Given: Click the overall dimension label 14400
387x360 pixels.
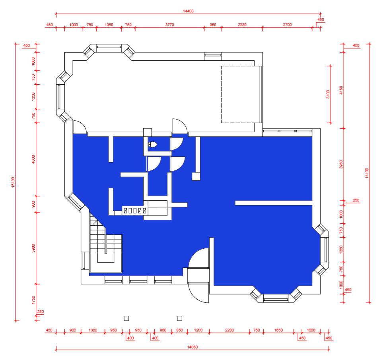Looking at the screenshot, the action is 188,11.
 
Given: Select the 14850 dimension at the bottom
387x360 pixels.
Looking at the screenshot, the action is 192,347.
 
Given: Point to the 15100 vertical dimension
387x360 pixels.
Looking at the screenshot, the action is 13,182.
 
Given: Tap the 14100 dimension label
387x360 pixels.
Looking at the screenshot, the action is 367,173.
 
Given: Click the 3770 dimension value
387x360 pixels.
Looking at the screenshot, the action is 169,25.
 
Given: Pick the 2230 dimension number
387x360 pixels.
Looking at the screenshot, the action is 242,25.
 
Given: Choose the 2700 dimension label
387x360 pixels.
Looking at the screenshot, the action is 287,25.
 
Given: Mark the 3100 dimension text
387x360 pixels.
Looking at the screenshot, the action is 328,95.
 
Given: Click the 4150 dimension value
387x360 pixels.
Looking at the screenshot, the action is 341,90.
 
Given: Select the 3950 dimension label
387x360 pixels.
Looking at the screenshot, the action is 341,165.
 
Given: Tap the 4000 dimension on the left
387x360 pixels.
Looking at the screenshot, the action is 33,159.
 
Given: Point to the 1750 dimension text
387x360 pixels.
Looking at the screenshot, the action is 33,300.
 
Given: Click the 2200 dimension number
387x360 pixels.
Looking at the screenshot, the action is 229,330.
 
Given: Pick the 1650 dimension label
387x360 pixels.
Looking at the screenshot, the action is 278,330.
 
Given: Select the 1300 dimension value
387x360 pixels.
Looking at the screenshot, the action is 93,330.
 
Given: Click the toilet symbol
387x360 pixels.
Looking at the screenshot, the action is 152,145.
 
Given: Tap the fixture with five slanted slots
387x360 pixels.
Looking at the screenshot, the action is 135,211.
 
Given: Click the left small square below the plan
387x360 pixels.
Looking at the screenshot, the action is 126,318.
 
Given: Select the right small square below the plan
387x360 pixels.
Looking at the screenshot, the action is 180,318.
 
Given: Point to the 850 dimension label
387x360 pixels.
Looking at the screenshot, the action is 179,330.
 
